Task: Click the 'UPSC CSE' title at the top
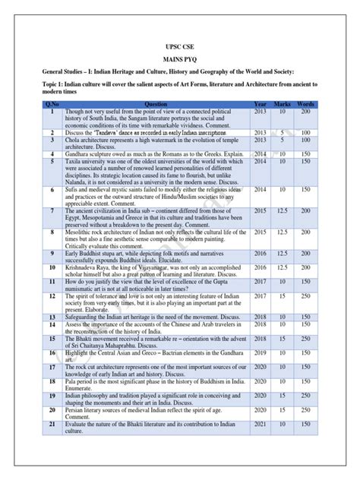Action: point(180,46)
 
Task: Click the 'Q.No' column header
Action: point(52,104)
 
